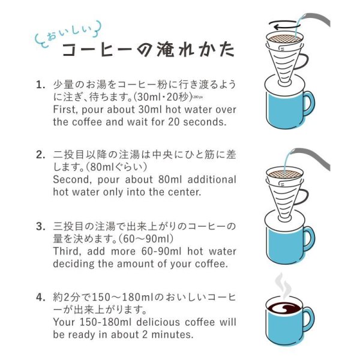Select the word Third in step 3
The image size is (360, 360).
pos(68,251)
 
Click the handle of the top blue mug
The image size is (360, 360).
pos(307,103)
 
